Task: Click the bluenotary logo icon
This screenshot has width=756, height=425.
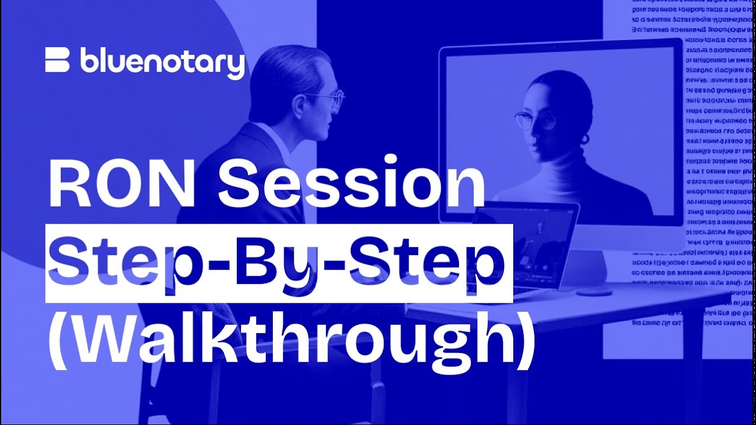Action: click(x=57, y=61)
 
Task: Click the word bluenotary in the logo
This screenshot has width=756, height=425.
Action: click(x=162, y=63)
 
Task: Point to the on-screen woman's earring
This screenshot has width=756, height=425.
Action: click(x=585, y=140)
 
